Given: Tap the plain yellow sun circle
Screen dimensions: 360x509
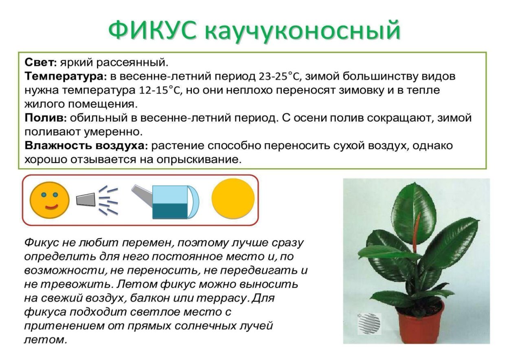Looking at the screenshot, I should tap(233, 199).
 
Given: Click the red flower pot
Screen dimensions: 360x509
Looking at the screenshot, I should tap(419, 322).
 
